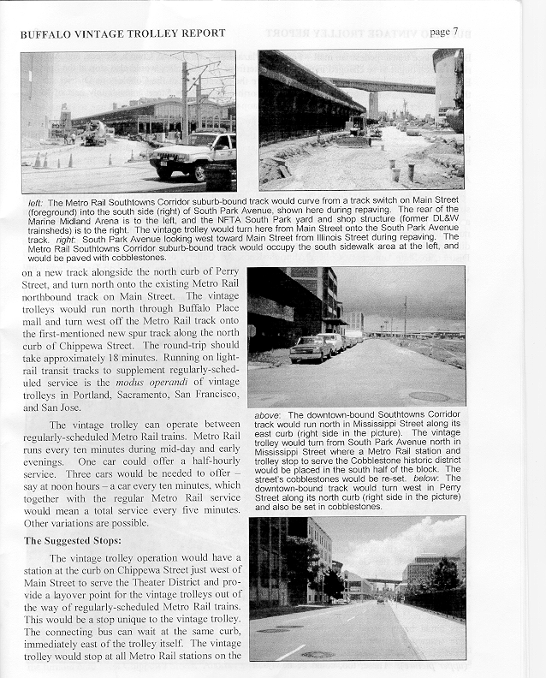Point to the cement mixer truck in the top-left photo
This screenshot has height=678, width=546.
click(93, 133)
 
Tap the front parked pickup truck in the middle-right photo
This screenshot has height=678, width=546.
click(310, 348)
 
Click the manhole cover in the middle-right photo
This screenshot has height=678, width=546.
click(423, 395)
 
